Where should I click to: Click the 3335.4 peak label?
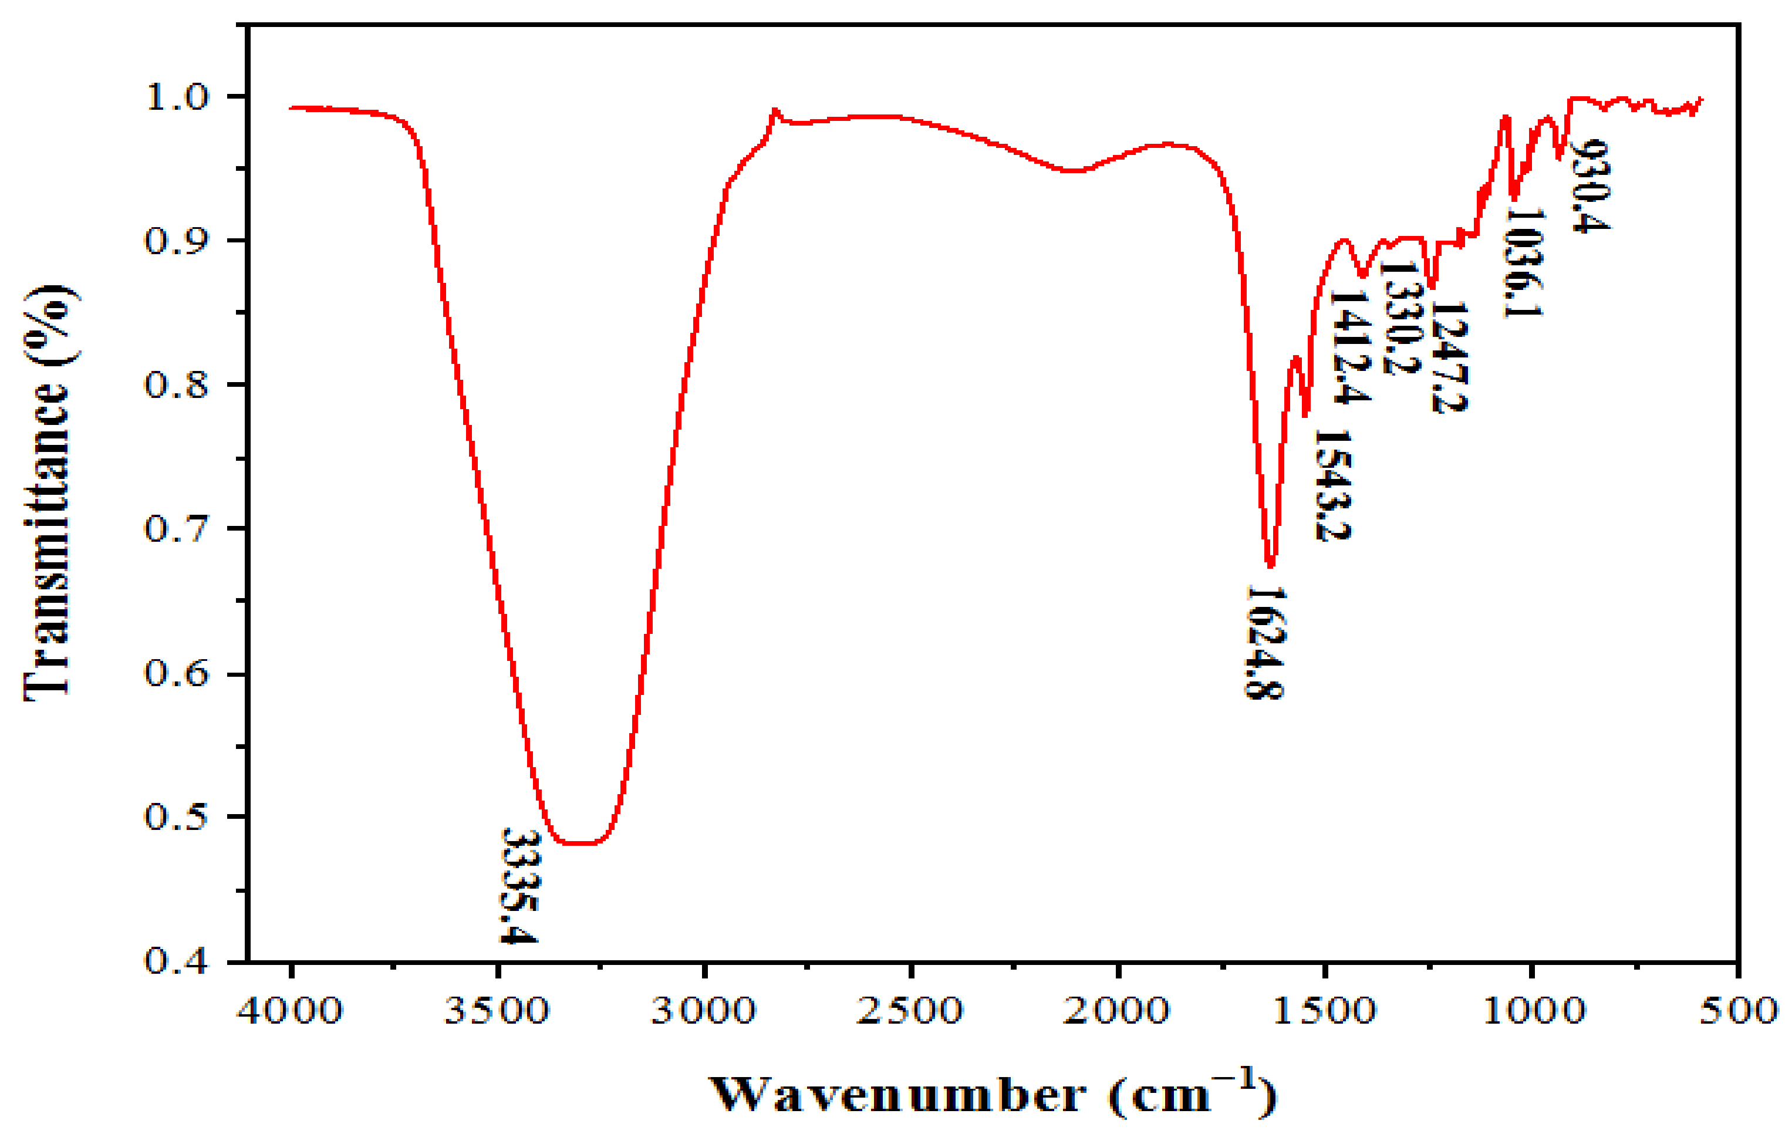[519, 886]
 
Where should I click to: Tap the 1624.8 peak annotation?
[1265, 642]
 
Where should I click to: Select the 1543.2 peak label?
[1332, 486]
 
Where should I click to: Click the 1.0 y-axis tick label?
[177, 97]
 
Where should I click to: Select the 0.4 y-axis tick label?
[177, 961]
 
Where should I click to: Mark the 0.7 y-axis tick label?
[177, 529]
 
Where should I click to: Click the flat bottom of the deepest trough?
[581, 843]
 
